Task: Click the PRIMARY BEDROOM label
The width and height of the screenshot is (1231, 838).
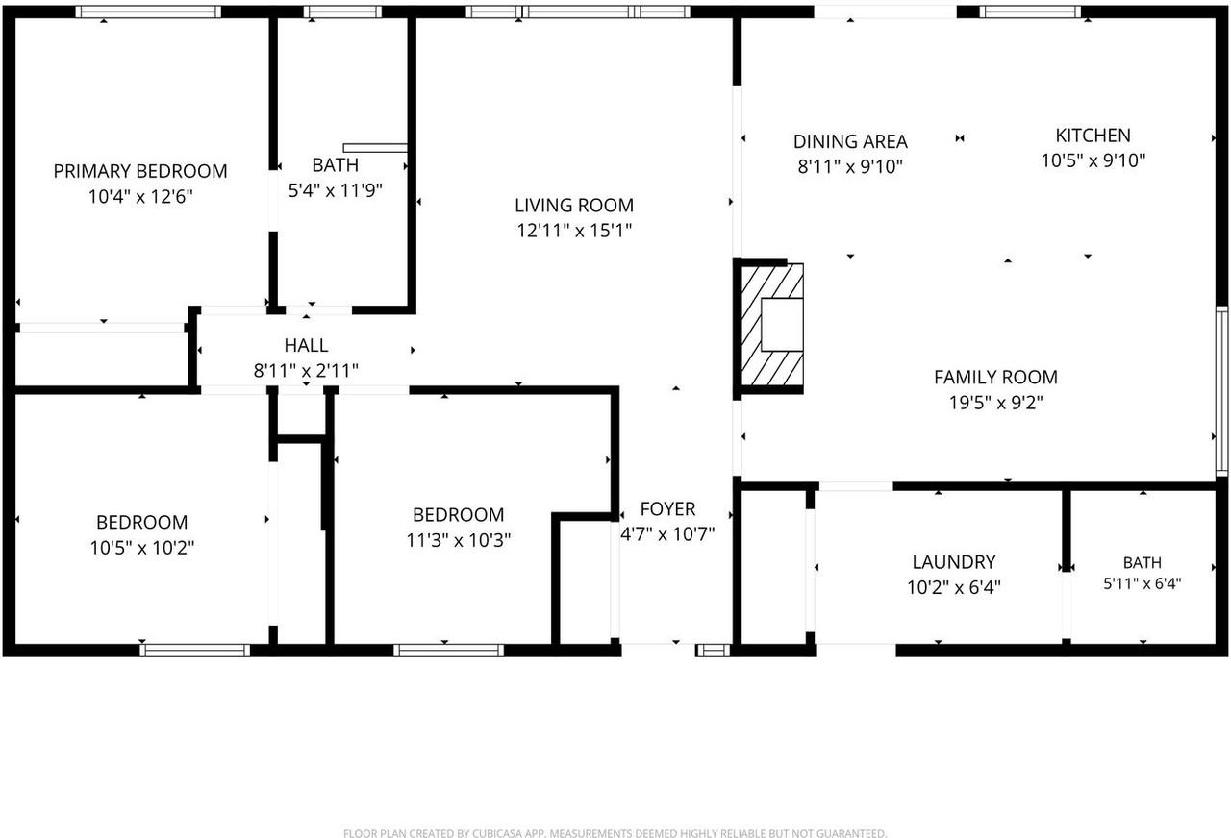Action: (x=140, y=171)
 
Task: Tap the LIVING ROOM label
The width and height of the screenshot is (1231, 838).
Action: (x=574, y=205)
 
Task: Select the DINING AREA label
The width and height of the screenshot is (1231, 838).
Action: (x=850, y=141)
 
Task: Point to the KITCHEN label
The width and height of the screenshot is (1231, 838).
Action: (x=1093, y=136)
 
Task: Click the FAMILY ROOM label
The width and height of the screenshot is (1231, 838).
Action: (x=995, y=377)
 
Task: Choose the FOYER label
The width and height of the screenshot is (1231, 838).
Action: (x=667, y=509)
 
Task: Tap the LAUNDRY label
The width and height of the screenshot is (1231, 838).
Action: (x=954, y=562)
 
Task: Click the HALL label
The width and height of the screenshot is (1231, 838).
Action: (x=306, y=345)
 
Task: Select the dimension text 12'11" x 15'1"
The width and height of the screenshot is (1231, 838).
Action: (x=574, y=230)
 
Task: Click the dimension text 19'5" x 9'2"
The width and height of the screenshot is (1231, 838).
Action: (x=995, y=403)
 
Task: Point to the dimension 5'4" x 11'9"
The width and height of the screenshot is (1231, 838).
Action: (x=336, y=190)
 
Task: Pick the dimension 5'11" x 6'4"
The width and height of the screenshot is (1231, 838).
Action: (x=1142, y=582)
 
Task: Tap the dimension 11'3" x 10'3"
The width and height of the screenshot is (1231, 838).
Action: (x=459, y=540)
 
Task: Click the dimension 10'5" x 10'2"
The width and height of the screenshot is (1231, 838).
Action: (x=141, y=548)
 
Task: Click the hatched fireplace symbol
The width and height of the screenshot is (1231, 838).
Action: (x=772, y=325)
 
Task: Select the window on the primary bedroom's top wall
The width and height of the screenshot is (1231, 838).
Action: (x=148, y=12)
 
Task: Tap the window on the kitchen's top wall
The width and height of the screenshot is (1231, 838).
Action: (x=1030, y=12)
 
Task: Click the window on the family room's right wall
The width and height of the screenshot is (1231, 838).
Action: (x=1221, y=390)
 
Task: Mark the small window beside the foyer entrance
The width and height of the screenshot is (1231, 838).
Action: (x=714, y=651)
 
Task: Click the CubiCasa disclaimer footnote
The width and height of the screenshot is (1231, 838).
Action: (x=615, y=832)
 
